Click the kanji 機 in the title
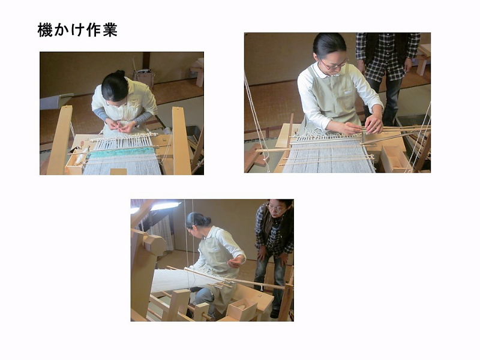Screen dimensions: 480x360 (x=45, y=30)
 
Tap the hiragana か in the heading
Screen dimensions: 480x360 (x=61, y=30)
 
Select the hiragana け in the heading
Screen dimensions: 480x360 (x=77, y=30)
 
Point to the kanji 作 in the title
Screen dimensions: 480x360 (x=94, y=30)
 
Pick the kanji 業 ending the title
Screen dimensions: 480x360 (x=110, y=30)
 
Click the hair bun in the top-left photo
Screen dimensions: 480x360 (x=120, y=73)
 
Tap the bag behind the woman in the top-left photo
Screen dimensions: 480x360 (x=144, y=78)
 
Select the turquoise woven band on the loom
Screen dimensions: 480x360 (x=122, y=152)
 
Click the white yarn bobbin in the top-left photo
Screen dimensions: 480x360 (x=80, y=157)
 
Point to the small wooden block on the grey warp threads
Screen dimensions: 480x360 (x=118, y=172)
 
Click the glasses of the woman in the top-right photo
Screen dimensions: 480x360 (x=334, y=65)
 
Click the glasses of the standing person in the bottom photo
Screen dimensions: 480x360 (x=277, y=209)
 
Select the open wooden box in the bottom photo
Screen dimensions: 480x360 (x=242, y=310)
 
